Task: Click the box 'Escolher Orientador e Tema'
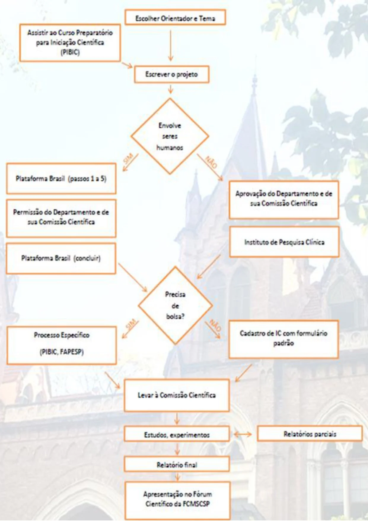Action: (x=175, y=18)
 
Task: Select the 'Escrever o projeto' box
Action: (x=172, y=74)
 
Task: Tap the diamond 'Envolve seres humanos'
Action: (x=170, y=136)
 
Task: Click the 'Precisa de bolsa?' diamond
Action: (x=175, y=305)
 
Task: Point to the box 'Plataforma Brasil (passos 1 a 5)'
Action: (x=61, y=179)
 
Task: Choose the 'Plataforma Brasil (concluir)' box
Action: (x=61, y=258)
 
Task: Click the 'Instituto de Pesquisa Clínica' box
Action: (x=284, y=242)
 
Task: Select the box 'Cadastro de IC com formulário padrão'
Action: (x=283, y=339)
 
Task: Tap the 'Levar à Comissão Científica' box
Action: (x=177, y=395)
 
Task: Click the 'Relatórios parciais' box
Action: (x=310, y=434)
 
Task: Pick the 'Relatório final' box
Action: (x=177, y=465)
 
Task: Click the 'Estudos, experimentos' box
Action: (x=177, y=435)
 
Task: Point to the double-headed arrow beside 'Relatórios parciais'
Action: (x=243, y=434)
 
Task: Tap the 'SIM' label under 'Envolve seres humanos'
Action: (x=128, y=159)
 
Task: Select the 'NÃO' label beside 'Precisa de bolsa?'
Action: (x=215, y=325)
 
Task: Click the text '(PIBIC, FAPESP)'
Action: (x=62, y=352)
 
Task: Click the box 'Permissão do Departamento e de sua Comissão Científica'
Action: (x=61, y=217)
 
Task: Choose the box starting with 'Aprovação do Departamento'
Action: (x=284, y=199)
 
